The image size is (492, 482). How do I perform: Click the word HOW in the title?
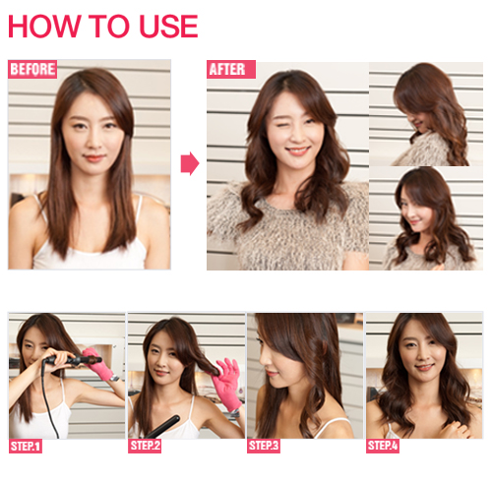pos(44,27)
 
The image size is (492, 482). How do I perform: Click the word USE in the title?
pos(168,27)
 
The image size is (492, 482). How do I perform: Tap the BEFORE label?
pos(32,69)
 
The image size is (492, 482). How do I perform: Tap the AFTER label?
pos(231,69)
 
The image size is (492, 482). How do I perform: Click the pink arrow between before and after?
pos(190,163)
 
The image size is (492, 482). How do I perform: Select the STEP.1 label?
pos(26,447)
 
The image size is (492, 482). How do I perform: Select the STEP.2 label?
pos(145,446)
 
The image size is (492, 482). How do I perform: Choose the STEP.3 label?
pos(264,446)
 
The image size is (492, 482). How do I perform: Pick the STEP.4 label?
pos(383,446)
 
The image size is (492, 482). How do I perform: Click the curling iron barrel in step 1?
pos(73,360)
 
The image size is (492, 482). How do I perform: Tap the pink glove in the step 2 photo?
pos(227,383)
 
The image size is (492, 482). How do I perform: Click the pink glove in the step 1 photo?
pos(97,363)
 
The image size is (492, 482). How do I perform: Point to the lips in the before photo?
pos(94,158)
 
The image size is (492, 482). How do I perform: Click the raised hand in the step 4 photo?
pos(456,429)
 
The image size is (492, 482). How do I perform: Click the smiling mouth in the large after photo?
pos(297,151)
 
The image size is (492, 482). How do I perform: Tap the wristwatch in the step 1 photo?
pos(114,378)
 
